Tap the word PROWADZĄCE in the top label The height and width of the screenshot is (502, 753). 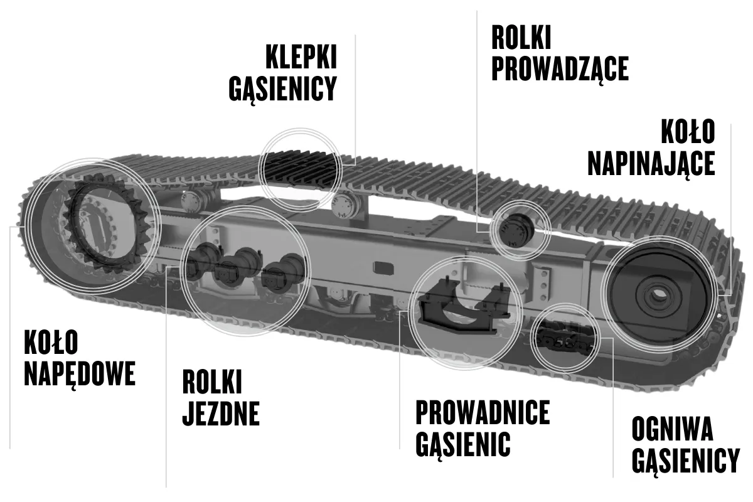(560, 68)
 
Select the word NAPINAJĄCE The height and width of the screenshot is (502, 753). (651, 163)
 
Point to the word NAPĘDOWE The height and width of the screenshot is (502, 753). (79, 373)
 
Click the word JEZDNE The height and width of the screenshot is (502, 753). (221, 414)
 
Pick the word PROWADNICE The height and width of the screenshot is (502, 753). (483, 413)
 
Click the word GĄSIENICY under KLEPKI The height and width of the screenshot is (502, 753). (283, 88)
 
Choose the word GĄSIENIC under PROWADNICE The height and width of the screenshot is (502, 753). (462, 444)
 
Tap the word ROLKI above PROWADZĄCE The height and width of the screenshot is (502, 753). (521, 38)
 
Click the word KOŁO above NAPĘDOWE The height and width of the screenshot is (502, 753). (51, 342)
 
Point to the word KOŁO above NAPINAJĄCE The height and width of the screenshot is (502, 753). (688, 132)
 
